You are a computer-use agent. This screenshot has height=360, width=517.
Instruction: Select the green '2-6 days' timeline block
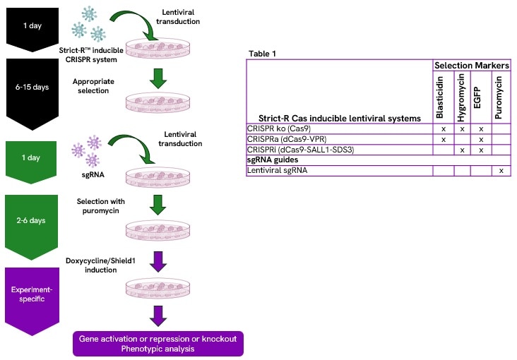[30, 220]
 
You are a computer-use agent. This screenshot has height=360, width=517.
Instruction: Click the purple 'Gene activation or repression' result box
[158, 343]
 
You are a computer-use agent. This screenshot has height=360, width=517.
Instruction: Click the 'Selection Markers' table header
[471, 65]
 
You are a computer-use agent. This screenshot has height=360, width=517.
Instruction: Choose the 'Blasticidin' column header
[442, 97]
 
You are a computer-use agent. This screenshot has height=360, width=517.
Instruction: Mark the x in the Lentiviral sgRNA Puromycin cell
[499, 171]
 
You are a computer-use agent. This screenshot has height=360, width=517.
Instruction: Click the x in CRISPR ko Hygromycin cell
[462, 128]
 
